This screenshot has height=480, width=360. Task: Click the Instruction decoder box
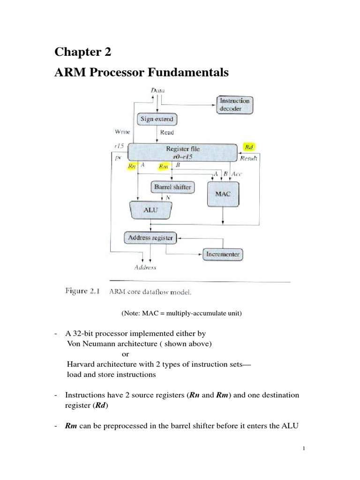click(x=234, y=105)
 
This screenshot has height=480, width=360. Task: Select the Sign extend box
click(x=157, y=119)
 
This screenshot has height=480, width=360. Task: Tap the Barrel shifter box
click(x=172, y=187)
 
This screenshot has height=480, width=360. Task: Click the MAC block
click(x=223, y=193)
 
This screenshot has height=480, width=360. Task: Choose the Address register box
click(x=150, y=238)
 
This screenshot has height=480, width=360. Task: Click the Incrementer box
click(x=223, y=255)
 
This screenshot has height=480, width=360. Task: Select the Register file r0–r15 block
click(x=182, y=153)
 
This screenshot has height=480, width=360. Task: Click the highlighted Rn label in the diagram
click(x=133, y=166)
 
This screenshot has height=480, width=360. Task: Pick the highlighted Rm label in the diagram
click(x=164, y=166)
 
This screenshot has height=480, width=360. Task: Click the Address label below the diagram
click(x=145, y=268)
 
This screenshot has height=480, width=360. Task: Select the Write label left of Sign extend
click(x=122, y=132)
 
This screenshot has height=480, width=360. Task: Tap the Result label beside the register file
click(x=249, y=159)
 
